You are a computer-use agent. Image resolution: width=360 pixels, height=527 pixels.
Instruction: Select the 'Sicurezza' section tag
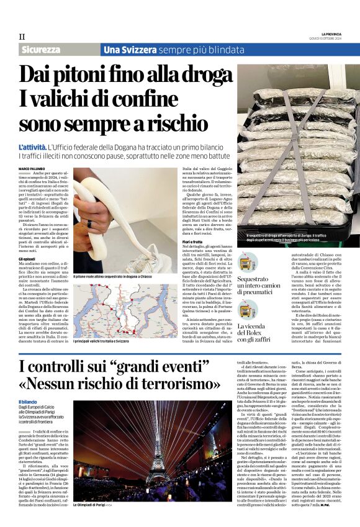pyautogui.click(x=42, y=49)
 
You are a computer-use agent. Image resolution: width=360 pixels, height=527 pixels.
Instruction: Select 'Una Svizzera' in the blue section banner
pyautogui.click(x=120, y=49)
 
